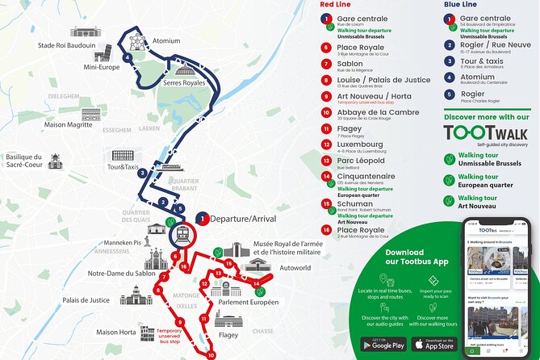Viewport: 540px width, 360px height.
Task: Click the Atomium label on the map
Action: [166, 40]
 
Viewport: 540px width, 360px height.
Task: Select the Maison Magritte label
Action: [69, 123]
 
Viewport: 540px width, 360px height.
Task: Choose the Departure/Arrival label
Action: [242, 219]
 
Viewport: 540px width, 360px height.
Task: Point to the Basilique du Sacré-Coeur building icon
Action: [55, 162]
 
